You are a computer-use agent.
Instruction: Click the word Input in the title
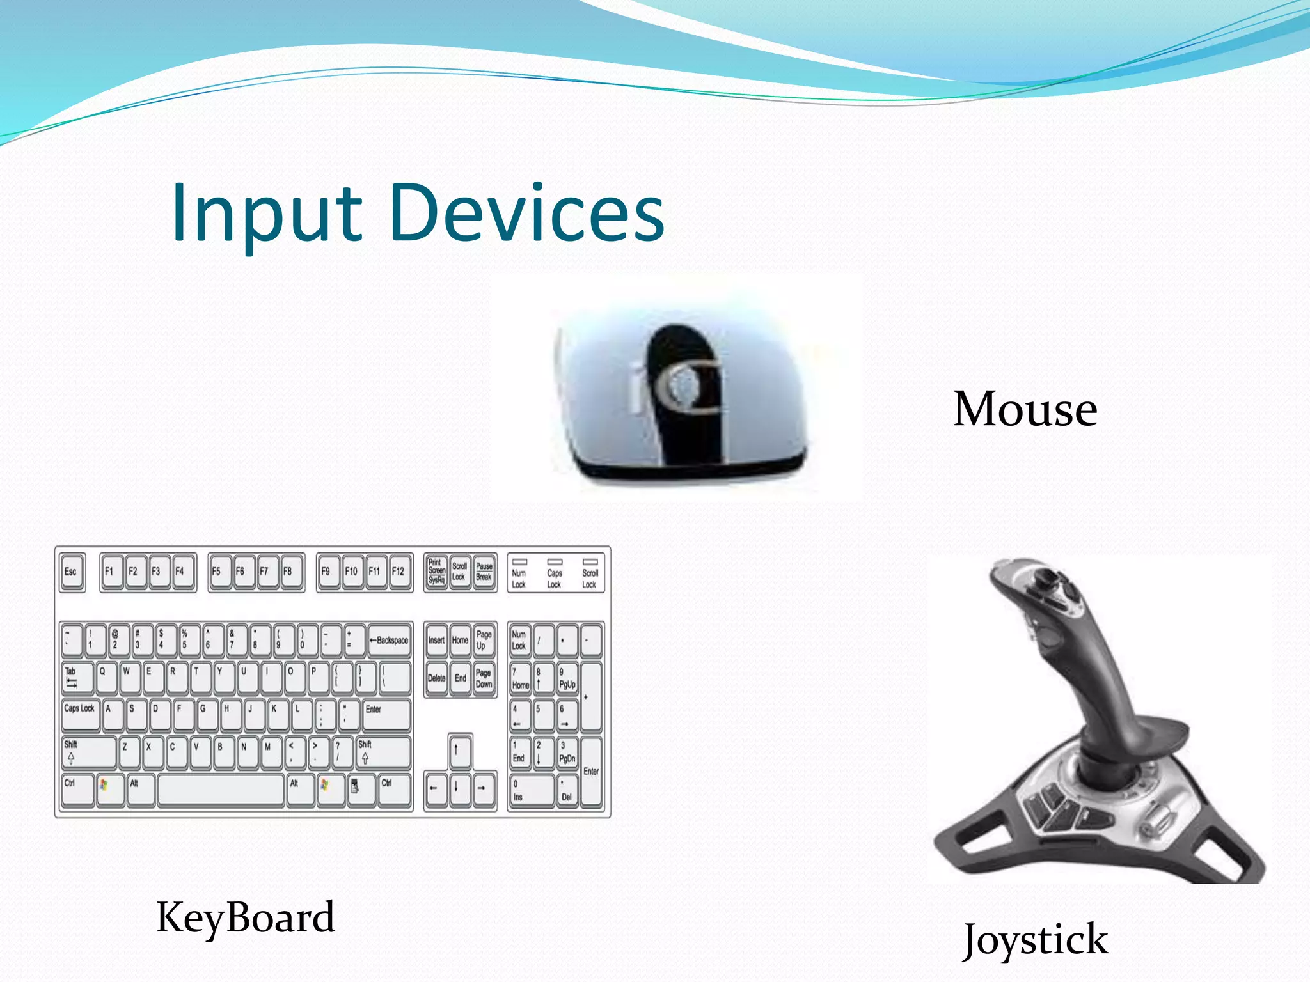(x=267, y=214)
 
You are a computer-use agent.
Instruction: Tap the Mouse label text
(x=1025, y=409)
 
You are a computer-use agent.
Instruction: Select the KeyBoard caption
(x=246, y=917)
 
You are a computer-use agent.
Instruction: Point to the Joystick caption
(x=1036, y=940)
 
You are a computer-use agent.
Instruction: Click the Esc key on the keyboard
(x=72, y=572)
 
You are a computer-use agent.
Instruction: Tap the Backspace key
(x=389, y=641)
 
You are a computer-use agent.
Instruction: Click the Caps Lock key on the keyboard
(x=81, y=715)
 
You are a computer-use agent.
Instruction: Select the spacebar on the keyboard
(x=221, y=790)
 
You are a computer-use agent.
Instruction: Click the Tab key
(x=77, y=678)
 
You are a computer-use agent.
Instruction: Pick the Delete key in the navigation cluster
(x=436, y=678)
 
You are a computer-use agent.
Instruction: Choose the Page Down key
(x=484, y=678)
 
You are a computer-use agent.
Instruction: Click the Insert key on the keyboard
(x=436, y=641)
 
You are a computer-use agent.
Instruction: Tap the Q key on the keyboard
(x=106, y=678)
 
